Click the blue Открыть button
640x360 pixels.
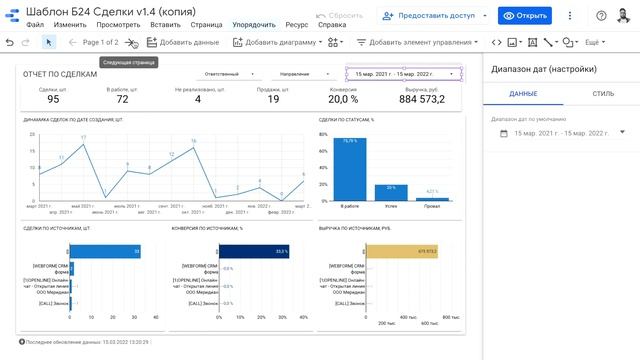click(525, 16)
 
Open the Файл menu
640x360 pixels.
click(35, 23)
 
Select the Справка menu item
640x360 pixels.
click(319, 23)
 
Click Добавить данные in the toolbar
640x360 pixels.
click(183, 43)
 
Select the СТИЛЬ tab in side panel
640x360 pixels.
click(603, 93)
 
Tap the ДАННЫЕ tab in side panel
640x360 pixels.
click(522, 93)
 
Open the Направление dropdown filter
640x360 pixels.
click(299, 74)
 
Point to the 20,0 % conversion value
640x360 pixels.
click(342, 99)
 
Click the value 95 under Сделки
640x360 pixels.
click(53, 99)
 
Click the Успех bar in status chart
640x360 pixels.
click(391, 194)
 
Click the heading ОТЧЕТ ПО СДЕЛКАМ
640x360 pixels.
click(60, 75)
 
